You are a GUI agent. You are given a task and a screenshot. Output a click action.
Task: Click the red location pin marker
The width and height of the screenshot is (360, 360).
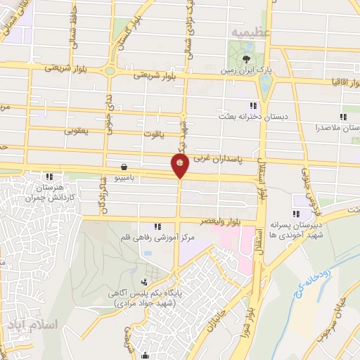[x=180, y=167]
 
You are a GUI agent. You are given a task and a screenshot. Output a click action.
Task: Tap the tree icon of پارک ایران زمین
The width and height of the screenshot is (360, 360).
[x=246, y=58]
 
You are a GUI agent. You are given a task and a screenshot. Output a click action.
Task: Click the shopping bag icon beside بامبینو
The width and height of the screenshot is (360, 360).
[x=124, y=167]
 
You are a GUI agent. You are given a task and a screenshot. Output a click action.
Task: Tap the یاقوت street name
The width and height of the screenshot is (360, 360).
[x=164, y=138]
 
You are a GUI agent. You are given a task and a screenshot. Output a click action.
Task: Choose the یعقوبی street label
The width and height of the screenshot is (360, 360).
[x=78, y=130]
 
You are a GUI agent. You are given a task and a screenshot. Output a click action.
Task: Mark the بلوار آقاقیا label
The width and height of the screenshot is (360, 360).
[x=337, y=82]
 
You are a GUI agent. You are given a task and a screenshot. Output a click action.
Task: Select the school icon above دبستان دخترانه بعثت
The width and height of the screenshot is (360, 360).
[x=243, y=105]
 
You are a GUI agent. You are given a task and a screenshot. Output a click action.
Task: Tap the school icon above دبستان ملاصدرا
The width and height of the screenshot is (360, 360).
[x=342, y=117]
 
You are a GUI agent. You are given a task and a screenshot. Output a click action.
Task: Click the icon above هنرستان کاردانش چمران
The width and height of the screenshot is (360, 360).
[x=49, y=176]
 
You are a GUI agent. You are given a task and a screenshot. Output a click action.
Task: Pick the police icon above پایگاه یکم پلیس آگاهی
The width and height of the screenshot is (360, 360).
[x=144, y=282]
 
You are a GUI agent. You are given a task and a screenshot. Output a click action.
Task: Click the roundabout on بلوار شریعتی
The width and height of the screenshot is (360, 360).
[x=110, y=70]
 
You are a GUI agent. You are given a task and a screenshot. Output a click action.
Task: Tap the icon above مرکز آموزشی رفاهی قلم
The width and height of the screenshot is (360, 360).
[x=157, y=226]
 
